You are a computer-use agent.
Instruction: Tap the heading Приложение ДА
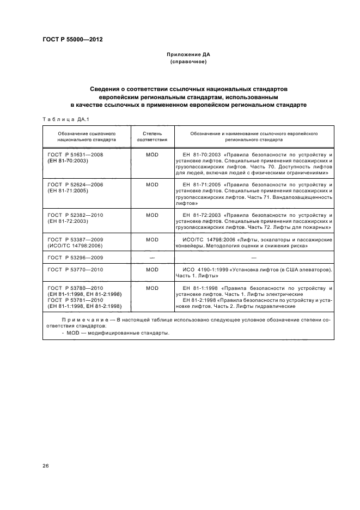(188, 55)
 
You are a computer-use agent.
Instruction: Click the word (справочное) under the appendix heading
(188, 62)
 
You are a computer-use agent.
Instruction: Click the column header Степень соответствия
(152, 136)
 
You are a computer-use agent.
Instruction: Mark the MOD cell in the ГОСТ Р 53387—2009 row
(152, 240)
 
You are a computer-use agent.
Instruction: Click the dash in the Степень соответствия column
(152, 257)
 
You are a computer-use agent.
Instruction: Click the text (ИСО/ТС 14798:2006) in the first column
(76, 246)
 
